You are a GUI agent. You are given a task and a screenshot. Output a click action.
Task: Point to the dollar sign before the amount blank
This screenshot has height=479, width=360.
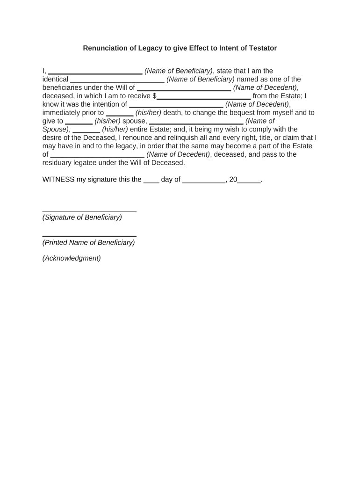point(154,96)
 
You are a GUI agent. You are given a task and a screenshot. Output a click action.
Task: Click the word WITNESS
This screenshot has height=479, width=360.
point(58,179)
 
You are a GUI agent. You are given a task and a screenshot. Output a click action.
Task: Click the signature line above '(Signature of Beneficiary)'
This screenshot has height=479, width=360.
point(89,211)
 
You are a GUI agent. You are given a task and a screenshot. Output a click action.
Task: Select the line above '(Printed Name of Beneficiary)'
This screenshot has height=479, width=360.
point(89,236)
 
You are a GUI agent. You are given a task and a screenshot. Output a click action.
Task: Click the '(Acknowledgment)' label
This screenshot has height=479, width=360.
point(72,258)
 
